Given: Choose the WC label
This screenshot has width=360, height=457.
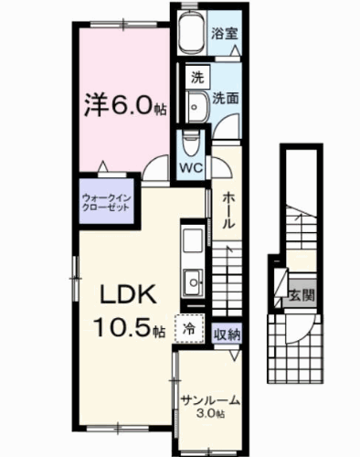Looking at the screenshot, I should [x=191, y=168].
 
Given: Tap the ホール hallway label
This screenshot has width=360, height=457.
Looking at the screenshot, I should [x=226, y=210].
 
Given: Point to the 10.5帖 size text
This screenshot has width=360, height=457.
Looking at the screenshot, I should [x=127, y=326].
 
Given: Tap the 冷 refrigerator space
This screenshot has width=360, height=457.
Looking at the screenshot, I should [x=188, y=327].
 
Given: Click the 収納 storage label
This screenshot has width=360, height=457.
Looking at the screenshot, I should [x=227, y=334].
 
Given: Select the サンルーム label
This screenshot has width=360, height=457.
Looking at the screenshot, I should [x=210, y=399].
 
